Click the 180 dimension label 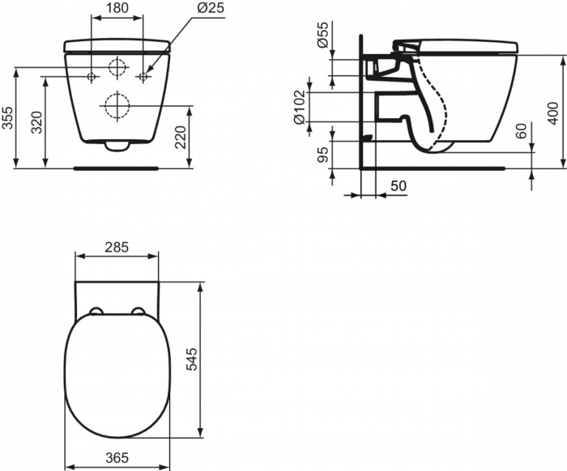pyautogui.click(x=117, y=9)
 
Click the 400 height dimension pyautogui.click(x=553, y=112)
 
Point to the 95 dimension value pyautogui.click(x=323, y=155)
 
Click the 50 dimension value pyautogui.click(x=398, y=186)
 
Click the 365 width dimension pyautogui.click(x=116, y=459)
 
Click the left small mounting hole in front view pyautogui.click(x=92, y=77)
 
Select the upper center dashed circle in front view pyautogui.click(x=118, y=67)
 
